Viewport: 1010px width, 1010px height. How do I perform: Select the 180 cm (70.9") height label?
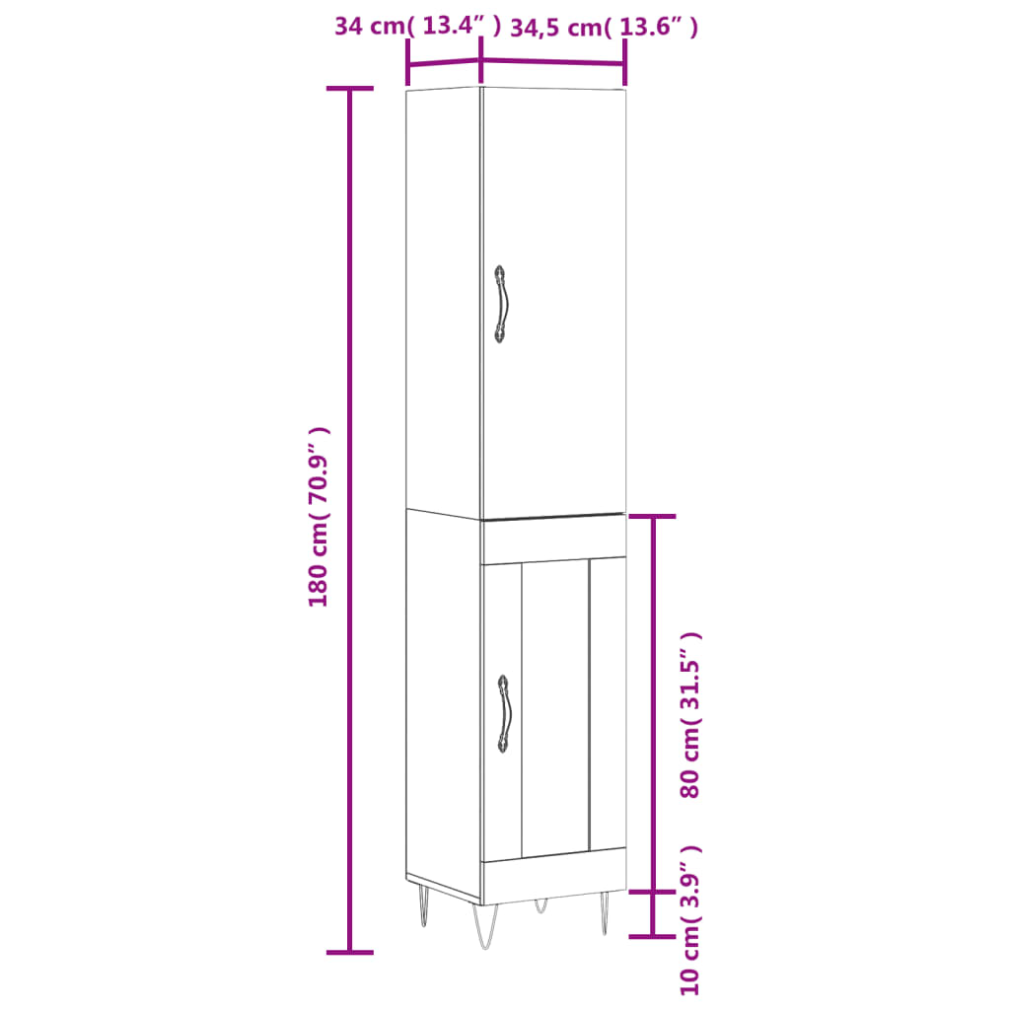pos(319,517)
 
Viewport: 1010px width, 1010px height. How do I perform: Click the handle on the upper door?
pos(501,304)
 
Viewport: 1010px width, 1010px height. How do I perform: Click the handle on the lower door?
pos(503,714)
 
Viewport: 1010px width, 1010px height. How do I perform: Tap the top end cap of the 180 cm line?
pos(349,89)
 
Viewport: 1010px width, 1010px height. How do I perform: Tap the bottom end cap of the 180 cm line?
pos(349,952)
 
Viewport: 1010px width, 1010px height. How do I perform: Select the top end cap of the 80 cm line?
pos(652,516)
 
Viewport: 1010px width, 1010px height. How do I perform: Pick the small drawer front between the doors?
pos(552,538)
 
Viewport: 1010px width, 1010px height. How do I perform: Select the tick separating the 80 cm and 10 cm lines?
pos(652,892)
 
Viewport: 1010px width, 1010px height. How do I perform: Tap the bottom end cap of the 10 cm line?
pos(652,936)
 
